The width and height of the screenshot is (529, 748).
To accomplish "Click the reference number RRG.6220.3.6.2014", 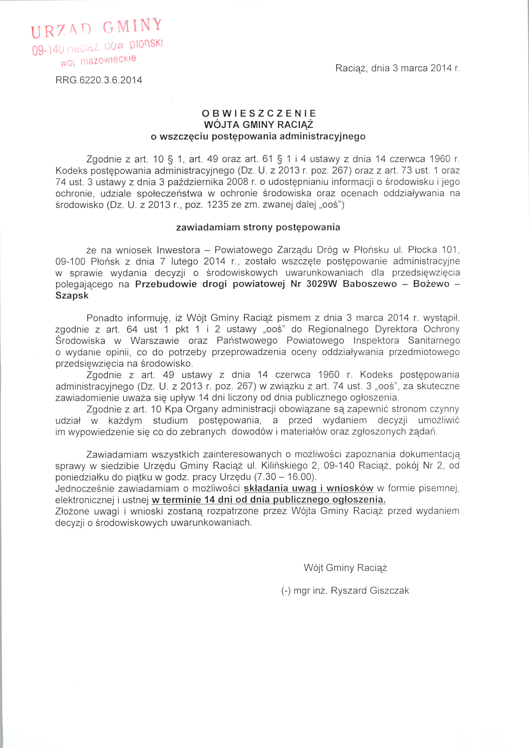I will tap(99, 80).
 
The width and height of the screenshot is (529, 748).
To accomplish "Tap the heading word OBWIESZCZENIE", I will tap(259, 113).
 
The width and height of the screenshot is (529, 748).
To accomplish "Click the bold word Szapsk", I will tap(72, 296).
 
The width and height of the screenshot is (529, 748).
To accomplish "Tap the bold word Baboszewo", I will tap(370, 284).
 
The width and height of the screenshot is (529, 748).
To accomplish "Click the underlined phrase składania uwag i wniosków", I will tap(308, 488).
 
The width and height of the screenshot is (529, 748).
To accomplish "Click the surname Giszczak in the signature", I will tap(389, 591).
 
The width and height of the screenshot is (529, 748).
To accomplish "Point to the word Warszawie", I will tap(155, 341).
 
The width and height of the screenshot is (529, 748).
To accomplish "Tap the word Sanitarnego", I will tap(434, 341).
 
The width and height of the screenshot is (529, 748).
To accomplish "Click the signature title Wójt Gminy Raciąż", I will tap(345, 568).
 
